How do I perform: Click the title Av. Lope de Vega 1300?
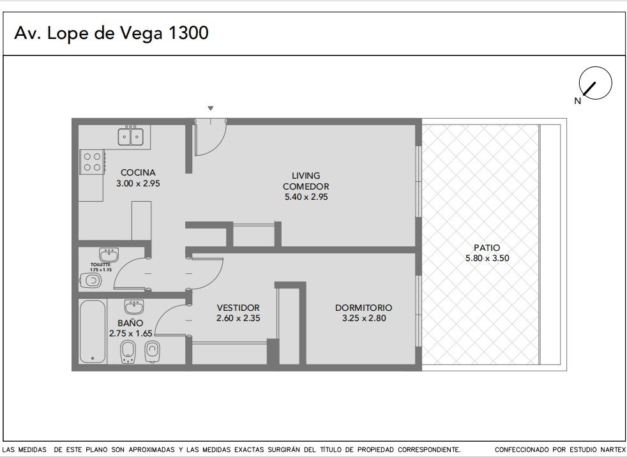click(x=111, y=33)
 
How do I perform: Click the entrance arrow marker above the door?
click(x=211, y=108)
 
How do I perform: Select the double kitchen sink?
click(x=131, y=136)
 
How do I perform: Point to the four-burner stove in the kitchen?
click(x=92, y=162)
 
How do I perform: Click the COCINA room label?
click(x=138, y=173)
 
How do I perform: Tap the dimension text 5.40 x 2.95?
click(x=306, y=197)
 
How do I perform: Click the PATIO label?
click(x=487, y=248)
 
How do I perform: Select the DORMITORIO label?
click(x=363, y=308)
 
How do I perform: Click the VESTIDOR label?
click(x=238, y=308)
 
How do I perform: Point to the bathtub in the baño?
click(x=93, y=331)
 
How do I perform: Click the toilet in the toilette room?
click(x=91, y=281)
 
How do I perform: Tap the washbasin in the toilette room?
click(x=109, y=255)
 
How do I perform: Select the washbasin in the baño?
click(x=134, y=306)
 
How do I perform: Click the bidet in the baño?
click(x=128, y=352)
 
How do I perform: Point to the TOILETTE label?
click(x=100, y=265)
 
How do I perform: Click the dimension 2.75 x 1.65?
click(x=131, y=333)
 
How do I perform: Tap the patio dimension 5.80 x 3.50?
click(x=487, y=258)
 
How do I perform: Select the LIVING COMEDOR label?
click(x=306, y=181)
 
